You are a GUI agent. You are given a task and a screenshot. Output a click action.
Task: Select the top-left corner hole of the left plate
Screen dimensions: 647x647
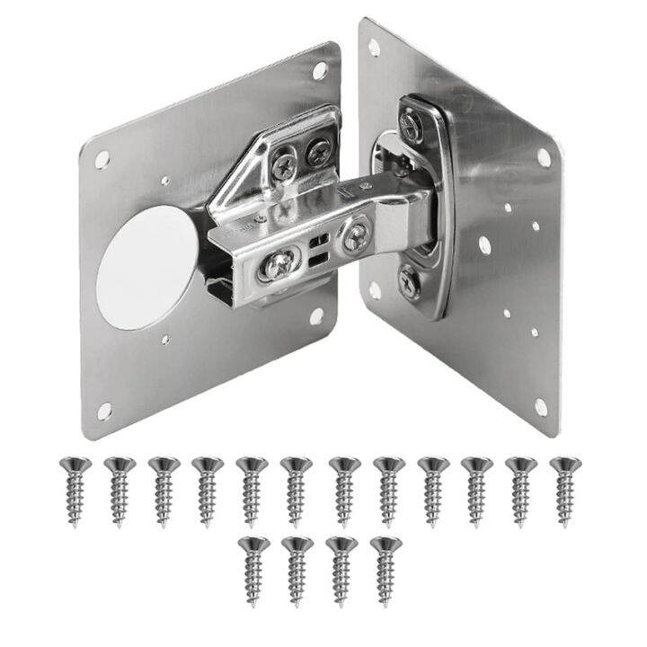(102, 159)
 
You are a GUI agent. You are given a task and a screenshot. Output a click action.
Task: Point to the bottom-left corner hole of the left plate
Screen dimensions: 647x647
(104, 410)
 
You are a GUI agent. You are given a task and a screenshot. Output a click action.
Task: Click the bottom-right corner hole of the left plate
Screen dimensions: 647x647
(316, 315)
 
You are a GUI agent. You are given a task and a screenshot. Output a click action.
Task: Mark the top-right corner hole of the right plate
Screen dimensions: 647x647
(543, 158)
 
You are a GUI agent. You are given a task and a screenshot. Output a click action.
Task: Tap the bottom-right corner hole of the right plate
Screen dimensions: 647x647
(541, 407)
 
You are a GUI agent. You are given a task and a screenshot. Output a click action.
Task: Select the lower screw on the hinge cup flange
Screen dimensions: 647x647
(409, 280)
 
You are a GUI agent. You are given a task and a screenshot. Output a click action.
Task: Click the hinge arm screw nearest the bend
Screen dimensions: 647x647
(355, 237)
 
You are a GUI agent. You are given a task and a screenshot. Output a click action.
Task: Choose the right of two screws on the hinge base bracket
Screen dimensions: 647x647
(316, 152)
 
